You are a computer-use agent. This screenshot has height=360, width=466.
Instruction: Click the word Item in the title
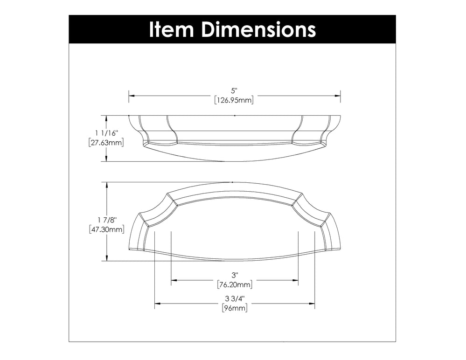pyautogui.click(x=171, y=29)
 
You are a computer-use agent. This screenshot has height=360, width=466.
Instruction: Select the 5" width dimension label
pyautogui.click(x=235, y=90)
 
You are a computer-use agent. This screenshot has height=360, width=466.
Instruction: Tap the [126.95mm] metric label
pyautogui.click(x=234, y=100)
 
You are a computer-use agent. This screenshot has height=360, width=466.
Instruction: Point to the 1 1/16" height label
pyautogui.click(x=106, y=132)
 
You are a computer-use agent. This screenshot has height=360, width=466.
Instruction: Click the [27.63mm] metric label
pyautogui.click(x=106, y=143)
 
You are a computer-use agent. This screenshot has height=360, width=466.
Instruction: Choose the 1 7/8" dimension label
pyautogui.click(x=106, y=220)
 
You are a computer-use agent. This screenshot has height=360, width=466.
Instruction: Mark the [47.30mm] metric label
pyautogui.click(x=106, y=229)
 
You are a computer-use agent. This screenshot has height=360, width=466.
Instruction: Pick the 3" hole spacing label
pyautogui.click(x=235, y=275)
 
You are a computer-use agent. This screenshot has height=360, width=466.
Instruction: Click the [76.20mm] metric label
pyautogui.click(x=235, y=284)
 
